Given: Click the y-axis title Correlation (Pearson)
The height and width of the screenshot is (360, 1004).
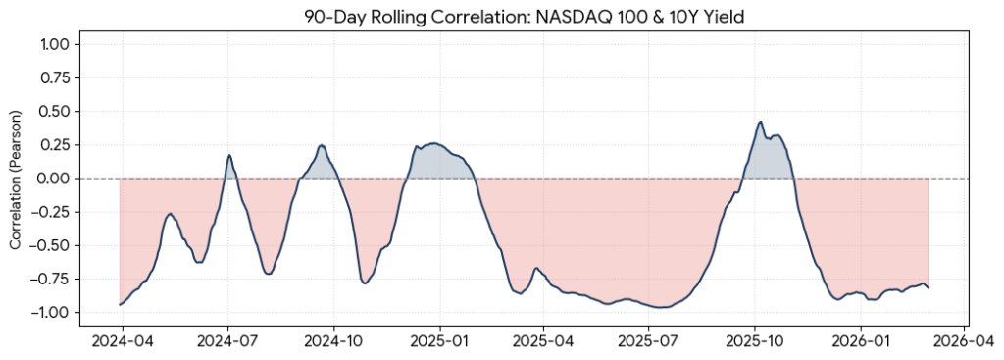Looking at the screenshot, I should click(x=16, y=179).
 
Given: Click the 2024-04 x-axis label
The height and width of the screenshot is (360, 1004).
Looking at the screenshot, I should click(x=122, y=344).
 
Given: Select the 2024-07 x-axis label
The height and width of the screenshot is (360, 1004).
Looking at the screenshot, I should click(x=227, y=344).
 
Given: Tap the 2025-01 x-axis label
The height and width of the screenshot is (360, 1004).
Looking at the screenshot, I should click(x=439, y=344).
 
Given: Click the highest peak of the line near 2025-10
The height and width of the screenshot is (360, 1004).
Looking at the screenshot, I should click(x=760, y=122).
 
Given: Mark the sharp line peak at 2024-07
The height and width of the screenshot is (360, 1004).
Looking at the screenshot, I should click(x=229, y=155).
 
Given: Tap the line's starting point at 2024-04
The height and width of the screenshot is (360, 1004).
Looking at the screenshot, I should click(x=120, y=305).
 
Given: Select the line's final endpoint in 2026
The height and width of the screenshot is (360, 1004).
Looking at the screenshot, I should click(x=929, y=287).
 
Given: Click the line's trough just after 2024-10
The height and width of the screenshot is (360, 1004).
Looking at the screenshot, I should click(x=365, y=283).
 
